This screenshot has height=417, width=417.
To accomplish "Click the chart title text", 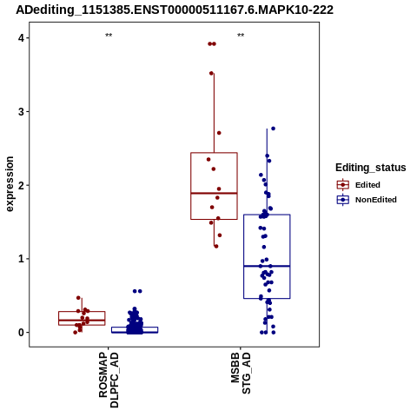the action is tap(175, 10).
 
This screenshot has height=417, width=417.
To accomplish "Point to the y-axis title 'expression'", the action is tap(10, 184).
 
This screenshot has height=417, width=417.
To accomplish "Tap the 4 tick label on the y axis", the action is tap(22, 38).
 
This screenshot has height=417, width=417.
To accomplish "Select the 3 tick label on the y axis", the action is tap(22, 111).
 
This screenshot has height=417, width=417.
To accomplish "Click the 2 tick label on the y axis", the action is tap(22, 185).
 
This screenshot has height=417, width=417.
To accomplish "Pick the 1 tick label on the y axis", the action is tap(22, 259).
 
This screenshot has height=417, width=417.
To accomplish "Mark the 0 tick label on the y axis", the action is tap(22, 332).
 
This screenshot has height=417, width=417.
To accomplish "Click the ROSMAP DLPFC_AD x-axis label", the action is tap(109, 380).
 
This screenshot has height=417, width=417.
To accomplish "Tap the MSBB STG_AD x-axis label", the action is tap(241, 373).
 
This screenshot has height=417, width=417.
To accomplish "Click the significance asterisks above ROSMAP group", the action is tap(109, 36).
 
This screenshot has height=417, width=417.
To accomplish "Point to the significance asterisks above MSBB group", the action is tap(241, 36).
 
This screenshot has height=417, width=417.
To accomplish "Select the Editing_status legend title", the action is tap(371, 168).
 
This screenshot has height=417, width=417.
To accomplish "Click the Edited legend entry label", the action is tap(367, 185).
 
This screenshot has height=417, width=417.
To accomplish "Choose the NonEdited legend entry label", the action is tap(376, 200).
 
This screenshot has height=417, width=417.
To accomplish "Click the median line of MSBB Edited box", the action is tap(214, 193).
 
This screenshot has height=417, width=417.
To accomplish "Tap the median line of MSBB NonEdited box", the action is tap(267, 266).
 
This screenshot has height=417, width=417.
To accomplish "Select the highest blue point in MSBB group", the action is tap(273, 129).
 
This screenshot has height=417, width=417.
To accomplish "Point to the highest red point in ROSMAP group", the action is tap(78, 298).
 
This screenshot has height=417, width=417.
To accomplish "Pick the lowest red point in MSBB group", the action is tap(216, 246).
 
